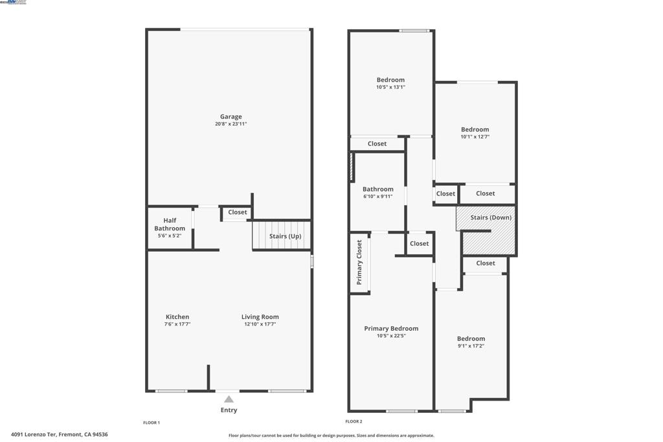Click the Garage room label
coord(230,116)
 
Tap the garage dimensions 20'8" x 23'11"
coord(230,124)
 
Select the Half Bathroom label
coord(170,224)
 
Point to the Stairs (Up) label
coord(285,236)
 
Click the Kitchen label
coord(177,317)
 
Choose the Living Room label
coord(260,317)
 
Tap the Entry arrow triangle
coord(229,399)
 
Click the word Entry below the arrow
coord(229,410)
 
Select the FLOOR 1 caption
coord(152,423)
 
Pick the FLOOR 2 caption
coord(354,421)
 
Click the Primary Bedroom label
coord(391,328)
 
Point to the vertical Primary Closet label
coord(359,262)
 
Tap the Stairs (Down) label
coord(491,217)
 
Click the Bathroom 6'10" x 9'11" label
coord(377,192)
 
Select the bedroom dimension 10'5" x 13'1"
coord(390,87)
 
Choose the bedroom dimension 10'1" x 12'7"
coord(475,137)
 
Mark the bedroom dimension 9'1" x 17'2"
coord(471,346)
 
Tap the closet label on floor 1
coord(237,212)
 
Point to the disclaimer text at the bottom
coord(331,436)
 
